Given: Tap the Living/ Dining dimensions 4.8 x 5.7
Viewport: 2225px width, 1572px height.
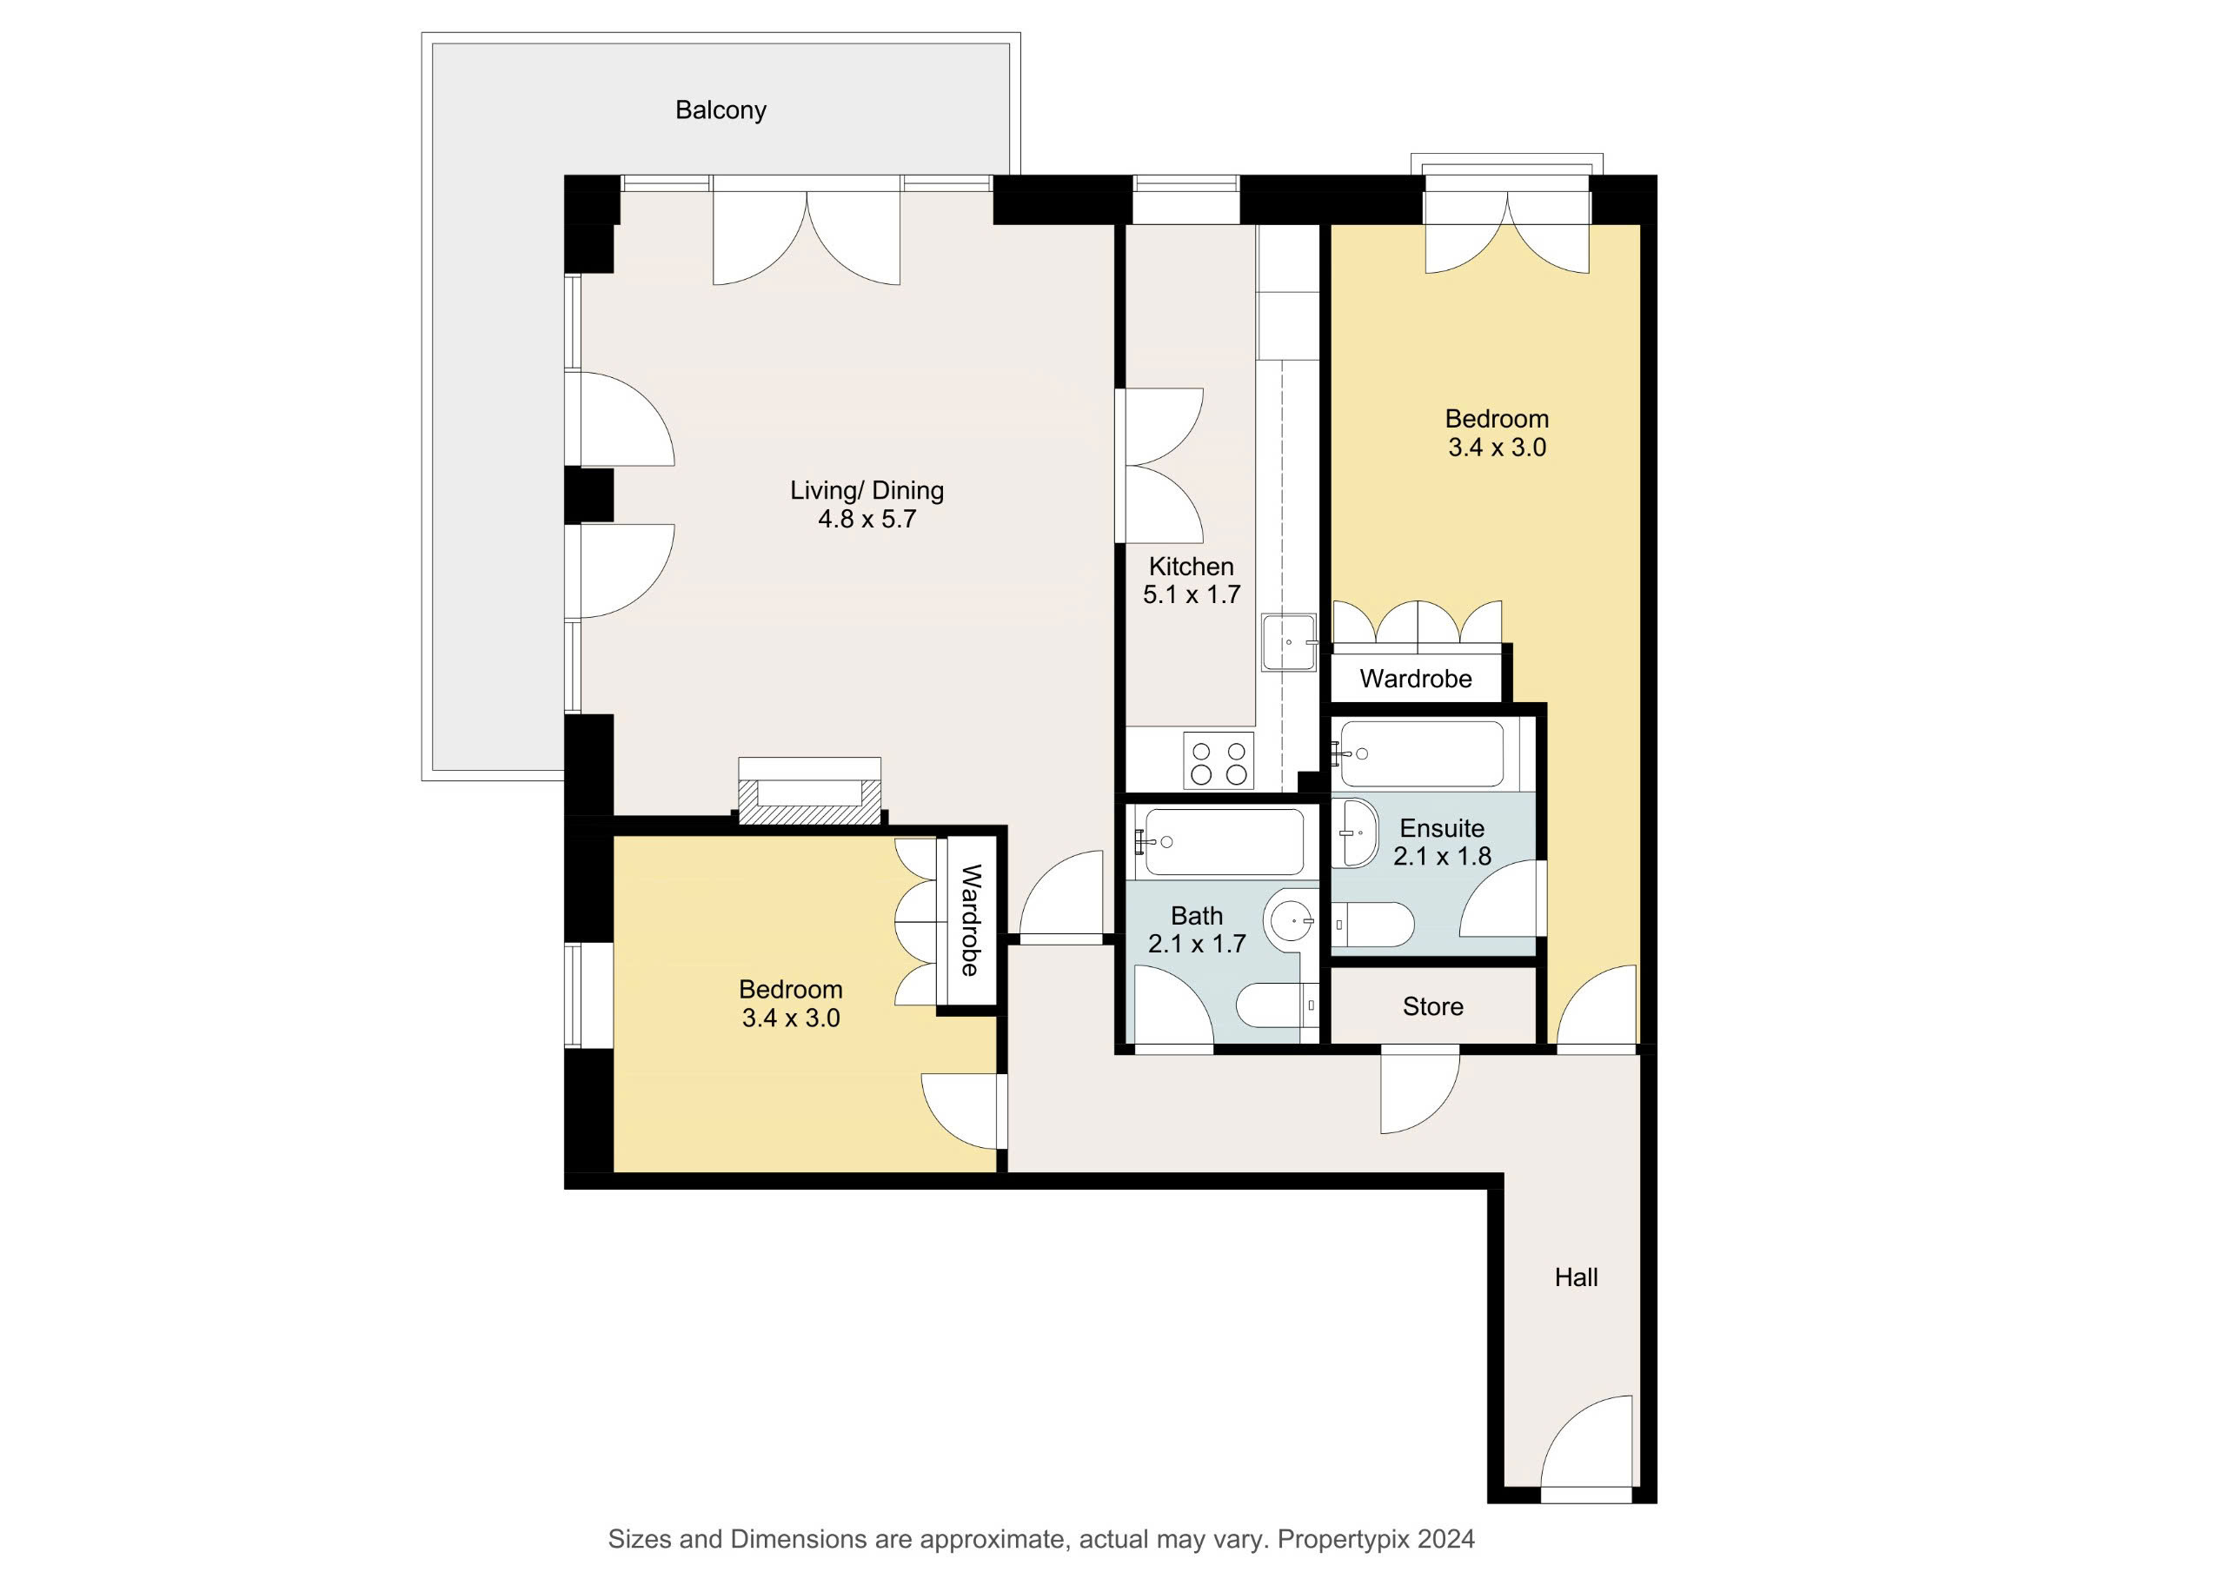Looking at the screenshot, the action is tap(867, 520).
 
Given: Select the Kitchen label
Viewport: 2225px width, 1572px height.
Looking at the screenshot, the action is tap(1191, 566).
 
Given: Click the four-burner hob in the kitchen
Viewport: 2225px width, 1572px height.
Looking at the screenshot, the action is tap(1219, 761).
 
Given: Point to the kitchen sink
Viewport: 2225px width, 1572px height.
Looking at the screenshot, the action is tap(1289, 641).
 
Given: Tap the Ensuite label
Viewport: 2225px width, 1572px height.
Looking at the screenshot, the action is tap(1442, 829).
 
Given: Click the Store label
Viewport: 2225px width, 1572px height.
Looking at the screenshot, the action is tap(1432, 1007).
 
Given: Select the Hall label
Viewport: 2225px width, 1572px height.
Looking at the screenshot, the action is tap(1576, 1277).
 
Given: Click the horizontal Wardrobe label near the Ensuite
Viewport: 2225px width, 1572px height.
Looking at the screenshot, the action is tap(1416, 679).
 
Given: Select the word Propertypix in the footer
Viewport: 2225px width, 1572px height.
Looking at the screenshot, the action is tap(1343, 1539).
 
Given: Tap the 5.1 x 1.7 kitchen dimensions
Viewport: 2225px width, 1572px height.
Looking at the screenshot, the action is tap(1191, 594).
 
